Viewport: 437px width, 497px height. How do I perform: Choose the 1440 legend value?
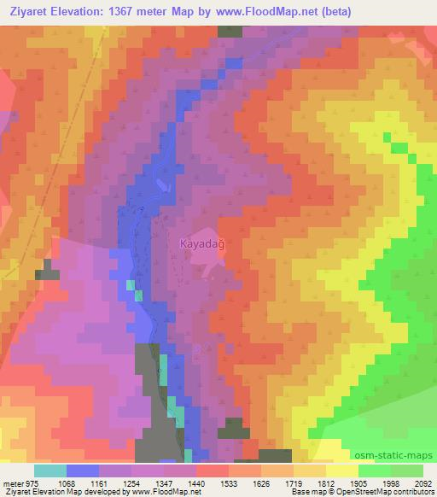pos(195,482)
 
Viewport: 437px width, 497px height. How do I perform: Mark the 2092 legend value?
pos(422,482)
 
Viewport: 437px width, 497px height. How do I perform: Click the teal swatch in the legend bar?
pos(50,471)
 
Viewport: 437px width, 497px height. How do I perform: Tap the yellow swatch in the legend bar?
pos(341,471)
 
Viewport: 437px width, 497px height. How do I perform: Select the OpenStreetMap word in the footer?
pos(358,493)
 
